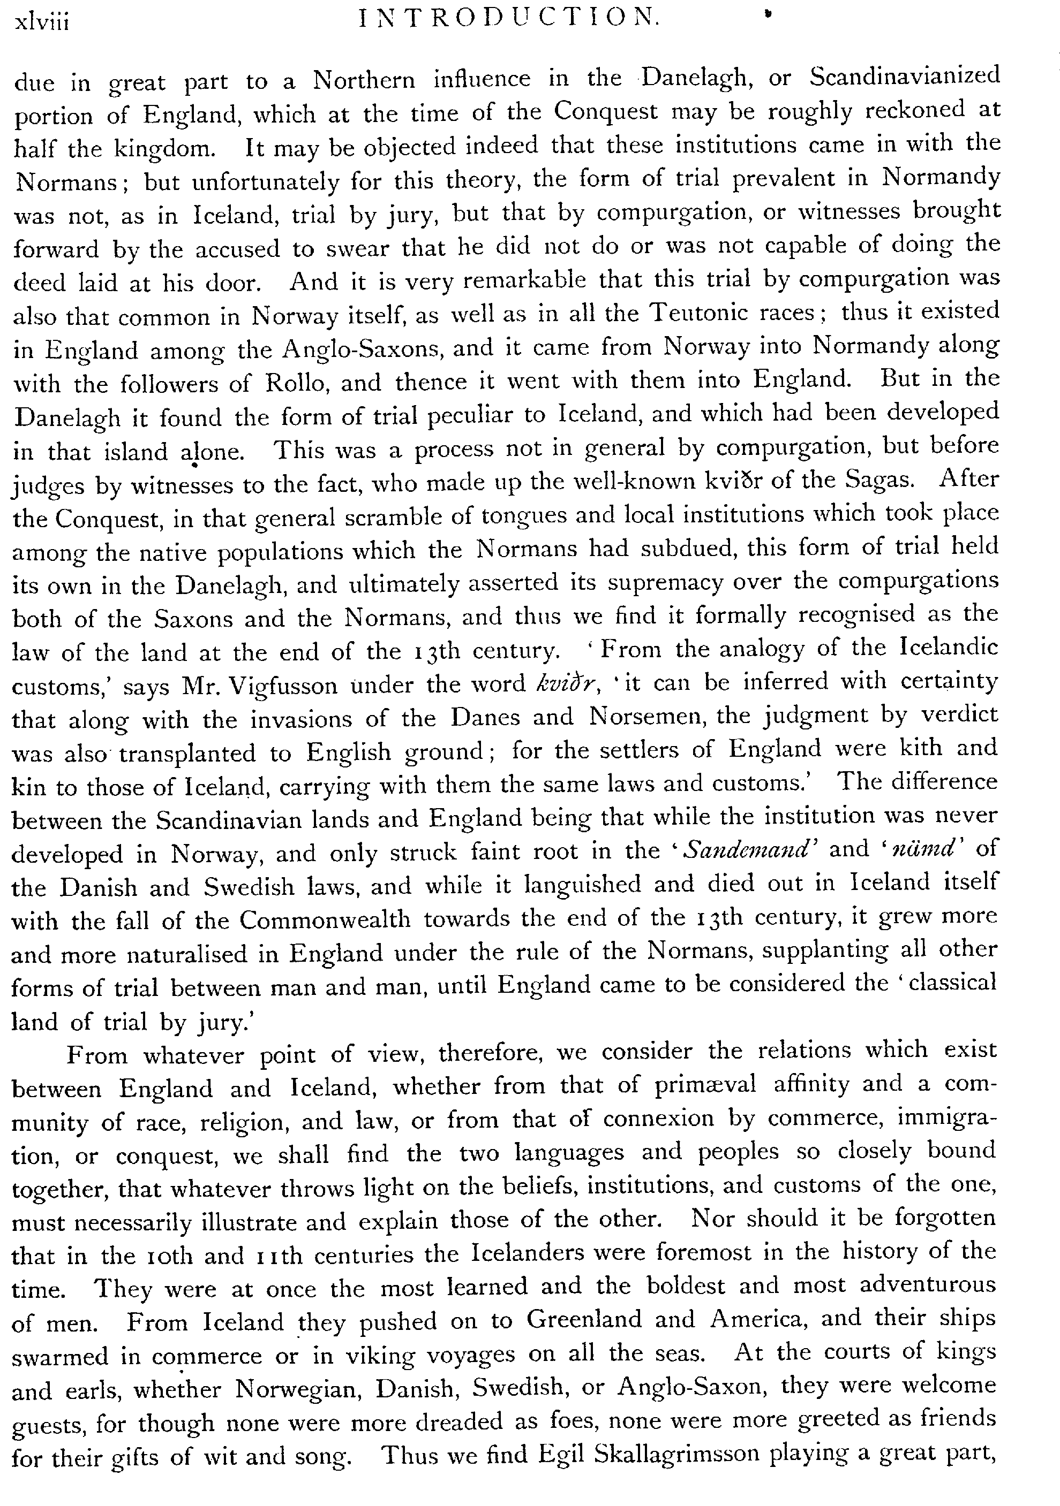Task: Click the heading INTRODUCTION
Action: pos(509,19)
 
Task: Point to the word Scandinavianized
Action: pos(905,77)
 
